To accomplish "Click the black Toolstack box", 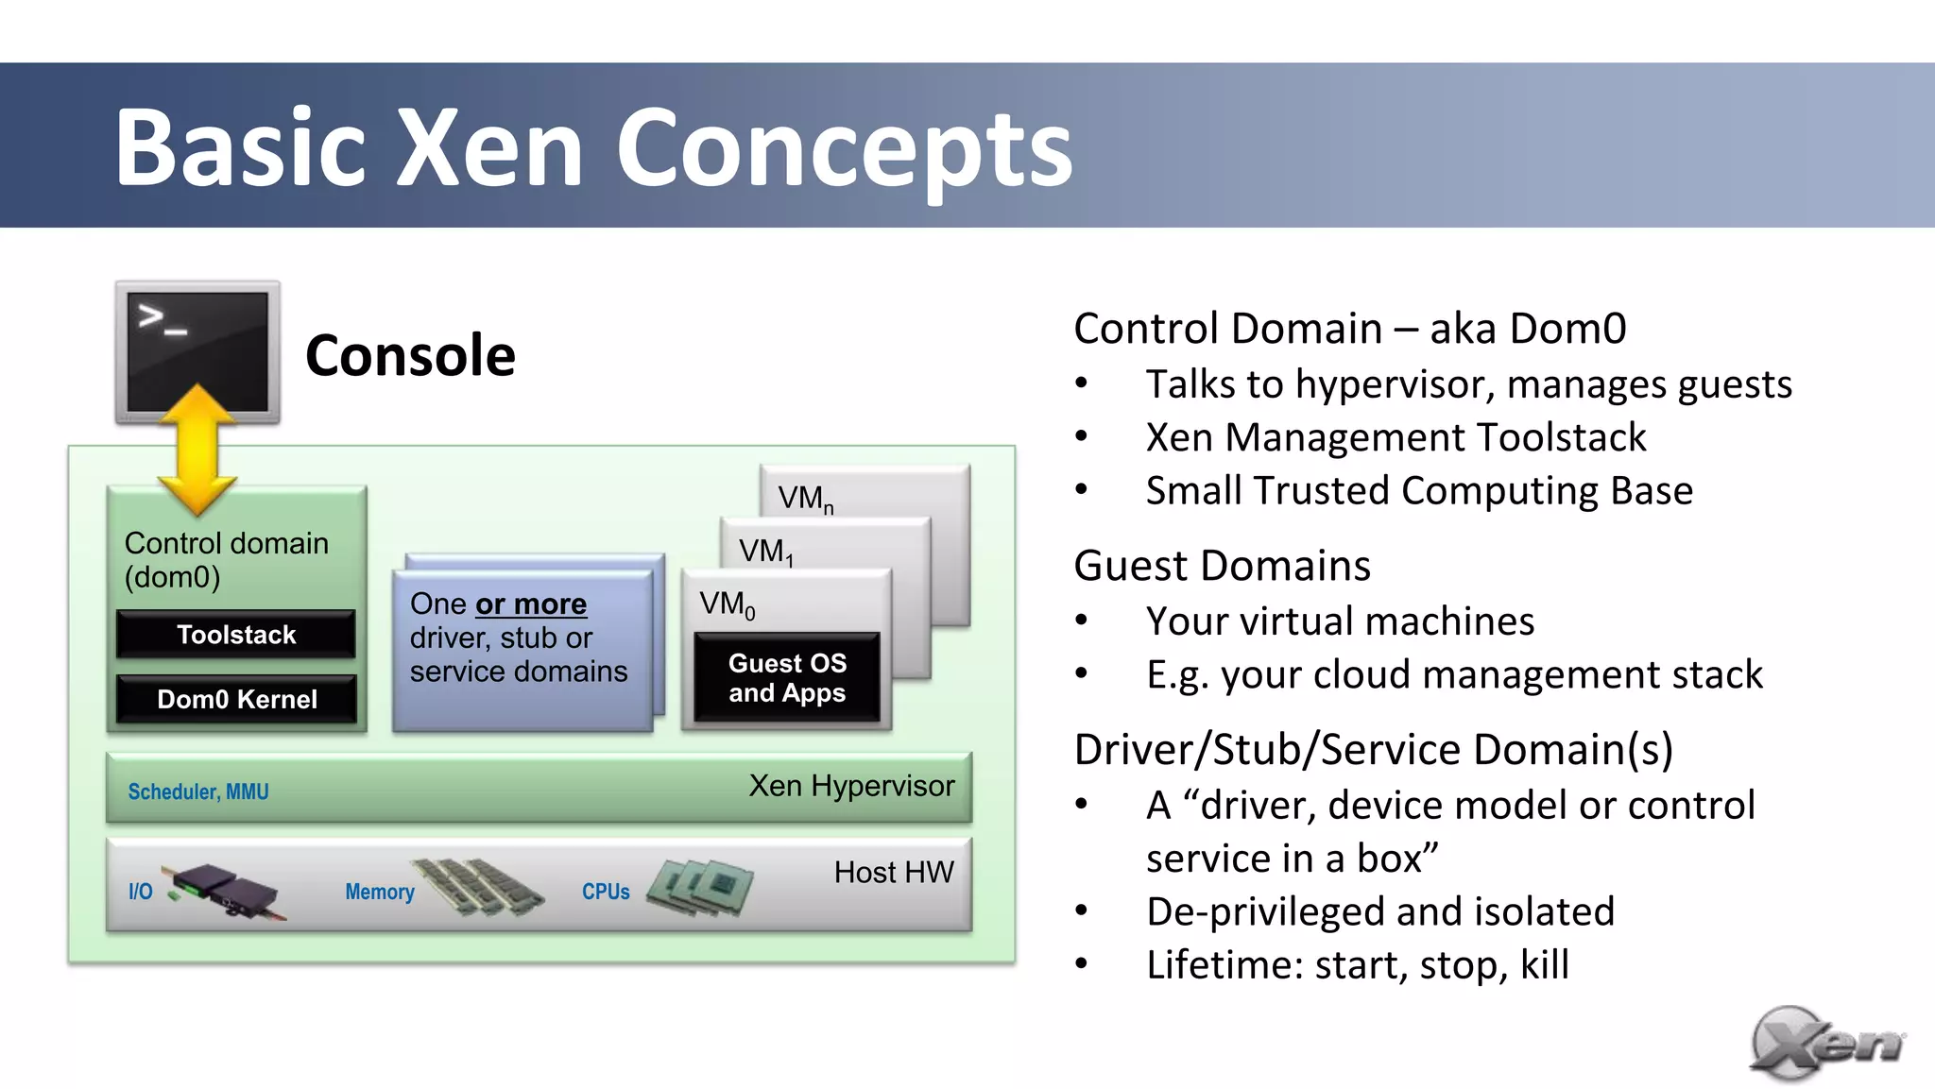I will (236, 634).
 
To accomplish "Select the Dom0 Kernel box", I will (236, 699).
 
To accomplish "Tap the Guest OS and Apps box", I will (787, 677).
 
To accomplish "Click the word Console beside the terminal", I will (410, 356).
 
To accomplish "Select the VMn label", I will (805, 499).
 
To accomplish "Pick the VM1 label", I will (765, 552).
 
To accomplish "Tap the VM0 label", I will (727, 604).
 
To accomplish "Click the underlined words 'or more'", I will (531, 604).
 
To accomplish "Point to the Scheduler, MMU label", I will (198, 791).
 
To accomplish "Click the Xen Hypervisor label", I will (851, 786).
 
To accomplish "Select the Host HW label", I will (894, 872).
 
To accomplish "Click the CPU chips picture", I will (700, 887).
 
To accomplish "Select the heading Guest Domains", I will (1222, 566).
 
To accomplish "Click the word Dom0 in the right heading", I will (1567, 329).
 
